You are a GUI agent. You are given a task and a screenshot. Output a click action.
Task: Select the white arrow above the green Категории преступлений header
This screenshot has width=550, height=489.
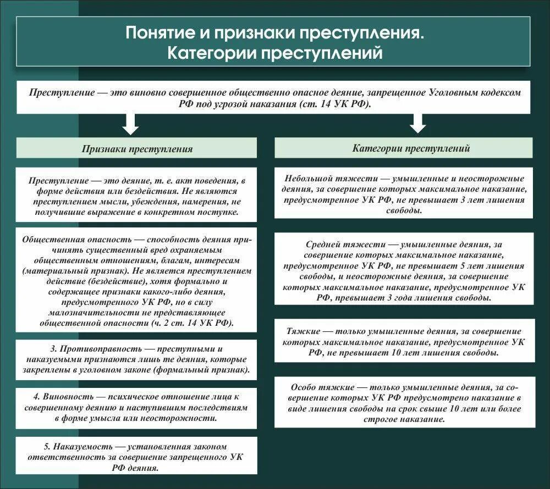pos(418,123)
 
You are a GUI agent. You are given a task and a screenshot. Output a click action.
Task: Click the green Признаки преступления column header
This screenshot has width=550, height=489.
pos(137,149)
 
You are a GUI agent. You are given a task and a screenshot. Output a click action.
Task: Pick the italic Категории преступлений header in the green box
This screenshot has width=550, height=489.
pos(403,148)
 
